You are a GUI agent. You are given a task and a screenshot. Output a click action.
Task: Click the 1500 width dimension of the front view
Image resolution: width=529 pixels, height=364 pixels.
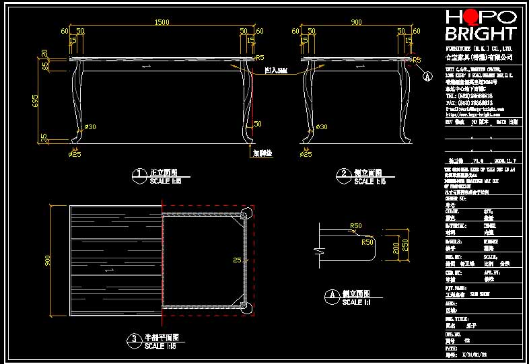[x=162, y=23]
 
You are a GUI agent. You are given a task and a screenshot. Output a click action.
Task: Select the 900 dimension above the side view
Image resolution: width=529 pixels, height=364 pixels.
[x=356, y=23]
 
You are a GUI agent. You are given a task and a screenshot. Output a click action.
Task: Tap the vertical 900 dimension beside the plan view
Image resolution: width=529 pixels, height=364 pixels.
[x=48, y=260]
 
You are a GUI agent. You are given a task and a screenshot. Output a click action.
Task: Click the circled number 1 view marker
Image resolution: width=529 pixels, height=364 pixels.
[x=139, y=174]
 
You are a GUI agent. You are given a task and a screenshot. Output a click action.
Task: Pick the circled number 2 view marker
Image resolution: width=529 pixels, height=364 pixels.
[x=345, y=174]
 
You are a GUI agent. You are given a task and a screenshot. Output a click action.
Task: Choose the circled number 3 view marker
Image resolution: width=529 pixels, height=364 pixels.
[x=134, y=338]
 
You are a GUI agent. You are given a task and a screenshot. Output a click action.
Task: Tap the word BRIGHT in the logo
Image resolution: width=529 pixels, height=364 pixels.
[x=481, y=34]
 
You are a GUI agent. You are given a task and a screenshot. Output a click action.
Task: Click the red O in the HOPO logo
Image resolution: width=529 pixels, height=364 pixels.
[x=470, y=17]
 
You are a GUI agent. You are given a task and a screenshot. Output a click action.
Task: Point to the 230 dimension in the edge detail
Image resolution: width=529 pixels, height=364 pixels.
[x=404, y=246]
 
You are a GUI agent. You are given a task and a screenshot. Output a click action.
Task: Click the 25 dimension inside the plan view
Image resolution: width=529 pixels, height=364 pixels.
[x=236, y=260]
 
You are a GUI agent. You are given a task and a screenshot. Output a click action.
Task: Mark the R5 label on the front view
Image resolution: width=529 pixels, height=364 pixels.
[x=259, y=58]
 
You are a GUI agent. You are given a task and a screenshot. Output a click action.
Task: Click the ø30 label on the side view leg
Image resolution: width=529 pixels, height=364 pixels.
[x=322, y=126]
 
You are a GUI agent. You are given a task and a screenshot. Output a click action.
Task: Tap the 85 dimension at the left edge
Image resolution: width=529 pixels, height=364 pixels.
[x=45, y=67]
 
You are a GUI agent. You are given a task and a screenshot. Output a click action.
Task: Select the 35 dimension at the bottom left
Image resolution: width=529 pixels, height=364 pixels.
[x=45, y=137]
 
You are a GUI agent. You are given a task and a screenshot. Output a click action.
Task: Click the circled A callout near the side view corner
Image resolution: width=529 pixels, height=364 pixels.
[x=427, y=76]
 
